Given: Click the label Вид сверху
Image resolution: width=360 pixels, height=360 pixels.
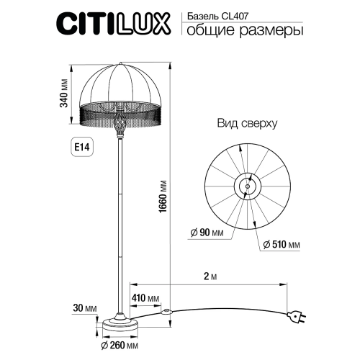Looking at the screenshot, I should pyautogui.click(x=247, y=123).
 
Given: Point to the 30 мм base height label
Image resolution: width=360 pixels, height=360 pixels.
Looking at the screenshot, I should pyautogui.click(x=86, y=308).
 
